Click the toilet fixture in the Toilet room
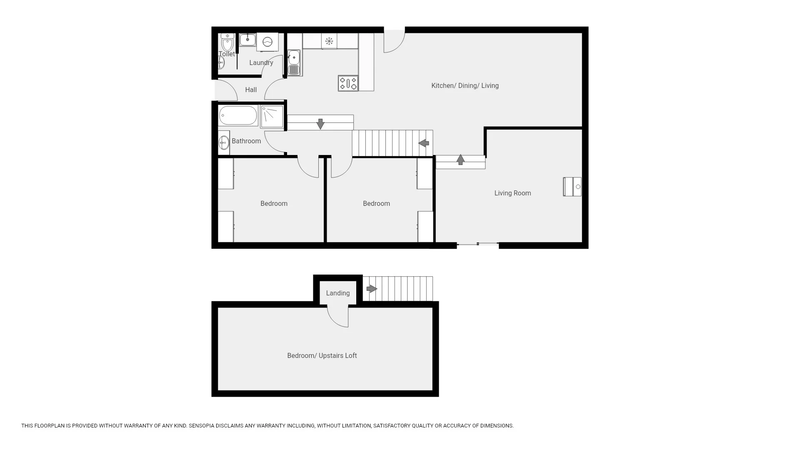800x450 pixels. click(227, 42)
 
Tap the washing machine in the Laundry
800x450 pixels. click(267, 42)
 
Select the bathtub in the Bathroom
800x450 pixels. click(238, 115)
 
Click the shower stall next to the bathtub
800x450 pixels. click(272, 116)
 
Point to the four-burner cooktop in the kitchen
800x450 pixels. click(348, 83)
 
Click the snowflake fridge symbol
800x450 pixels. click(329, 41)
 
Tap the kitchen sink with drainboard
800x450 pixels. click(294, 63)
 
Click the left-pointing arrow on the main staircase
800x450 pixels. click(424, 143)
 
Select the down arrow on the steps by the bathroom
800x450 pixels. click(320, 124)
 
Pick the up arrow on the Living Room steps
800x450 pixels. click(460, 160)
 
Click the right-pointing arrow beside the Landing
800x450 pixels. click(372, 289)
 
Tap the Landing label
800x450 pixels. click(338, 293)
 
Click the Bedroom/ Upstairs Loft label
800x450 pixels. click(322, 356)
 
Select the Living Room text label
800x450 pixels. click(512, 193)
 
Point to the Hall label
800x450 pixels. click(251, 90)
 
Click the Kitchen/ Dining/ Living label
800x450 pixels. click(465, 86)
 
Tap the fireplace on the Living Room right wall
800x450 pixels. click(572, 187)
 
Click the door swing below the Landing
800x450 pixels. click(338, 317)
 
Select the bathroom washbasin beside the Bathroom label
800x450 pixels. click(224, 142)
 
